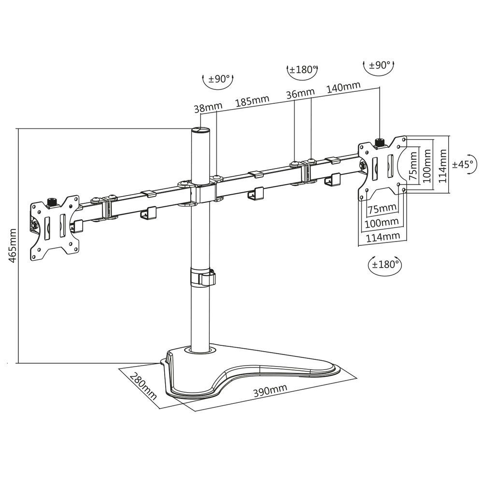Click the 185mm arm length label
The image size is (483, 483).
[252, 102]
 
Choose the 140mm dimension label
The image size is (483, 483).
[343, 87]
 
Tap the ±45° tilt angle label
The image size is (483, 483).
[463, 164]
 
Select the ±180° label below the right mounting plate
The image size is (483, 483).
[385, 264]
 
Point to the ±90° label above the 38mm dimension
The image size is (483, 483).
[218, 79]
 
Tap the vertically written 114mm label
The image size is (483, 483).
[440, 164]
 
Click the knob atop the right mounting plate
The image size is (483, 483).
[380, 142]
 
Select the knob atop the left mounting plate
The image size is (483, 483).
[53, 201]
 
